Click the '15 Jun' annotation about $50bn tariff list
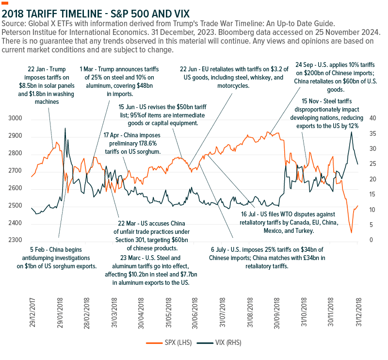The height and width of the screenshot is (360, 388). point(162,114)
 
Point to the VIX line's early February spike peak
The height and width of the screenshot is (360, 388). point(65,128)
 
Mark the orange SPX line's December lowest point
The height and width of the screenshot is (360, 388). point(351,233)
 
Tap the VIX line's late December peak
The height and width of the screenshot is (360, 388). point(351,132)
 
